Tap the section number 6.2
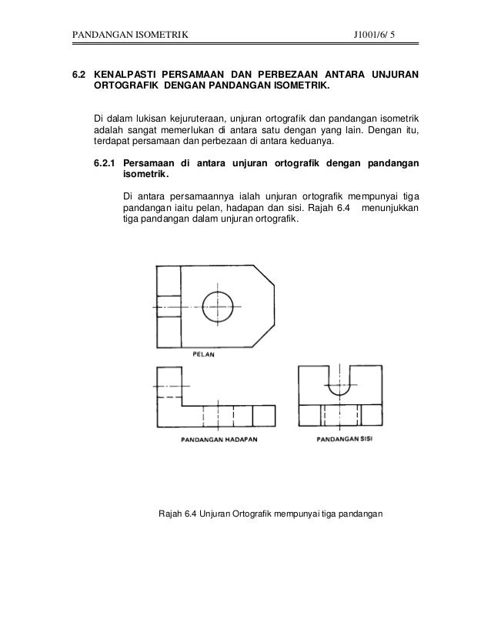[x=78, y=75]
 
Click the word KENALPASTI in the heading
[x=125, y=75]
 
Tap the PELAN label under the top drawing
[x=204, y=356]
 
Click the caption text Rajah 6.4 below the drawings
[x=177, y=514]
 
